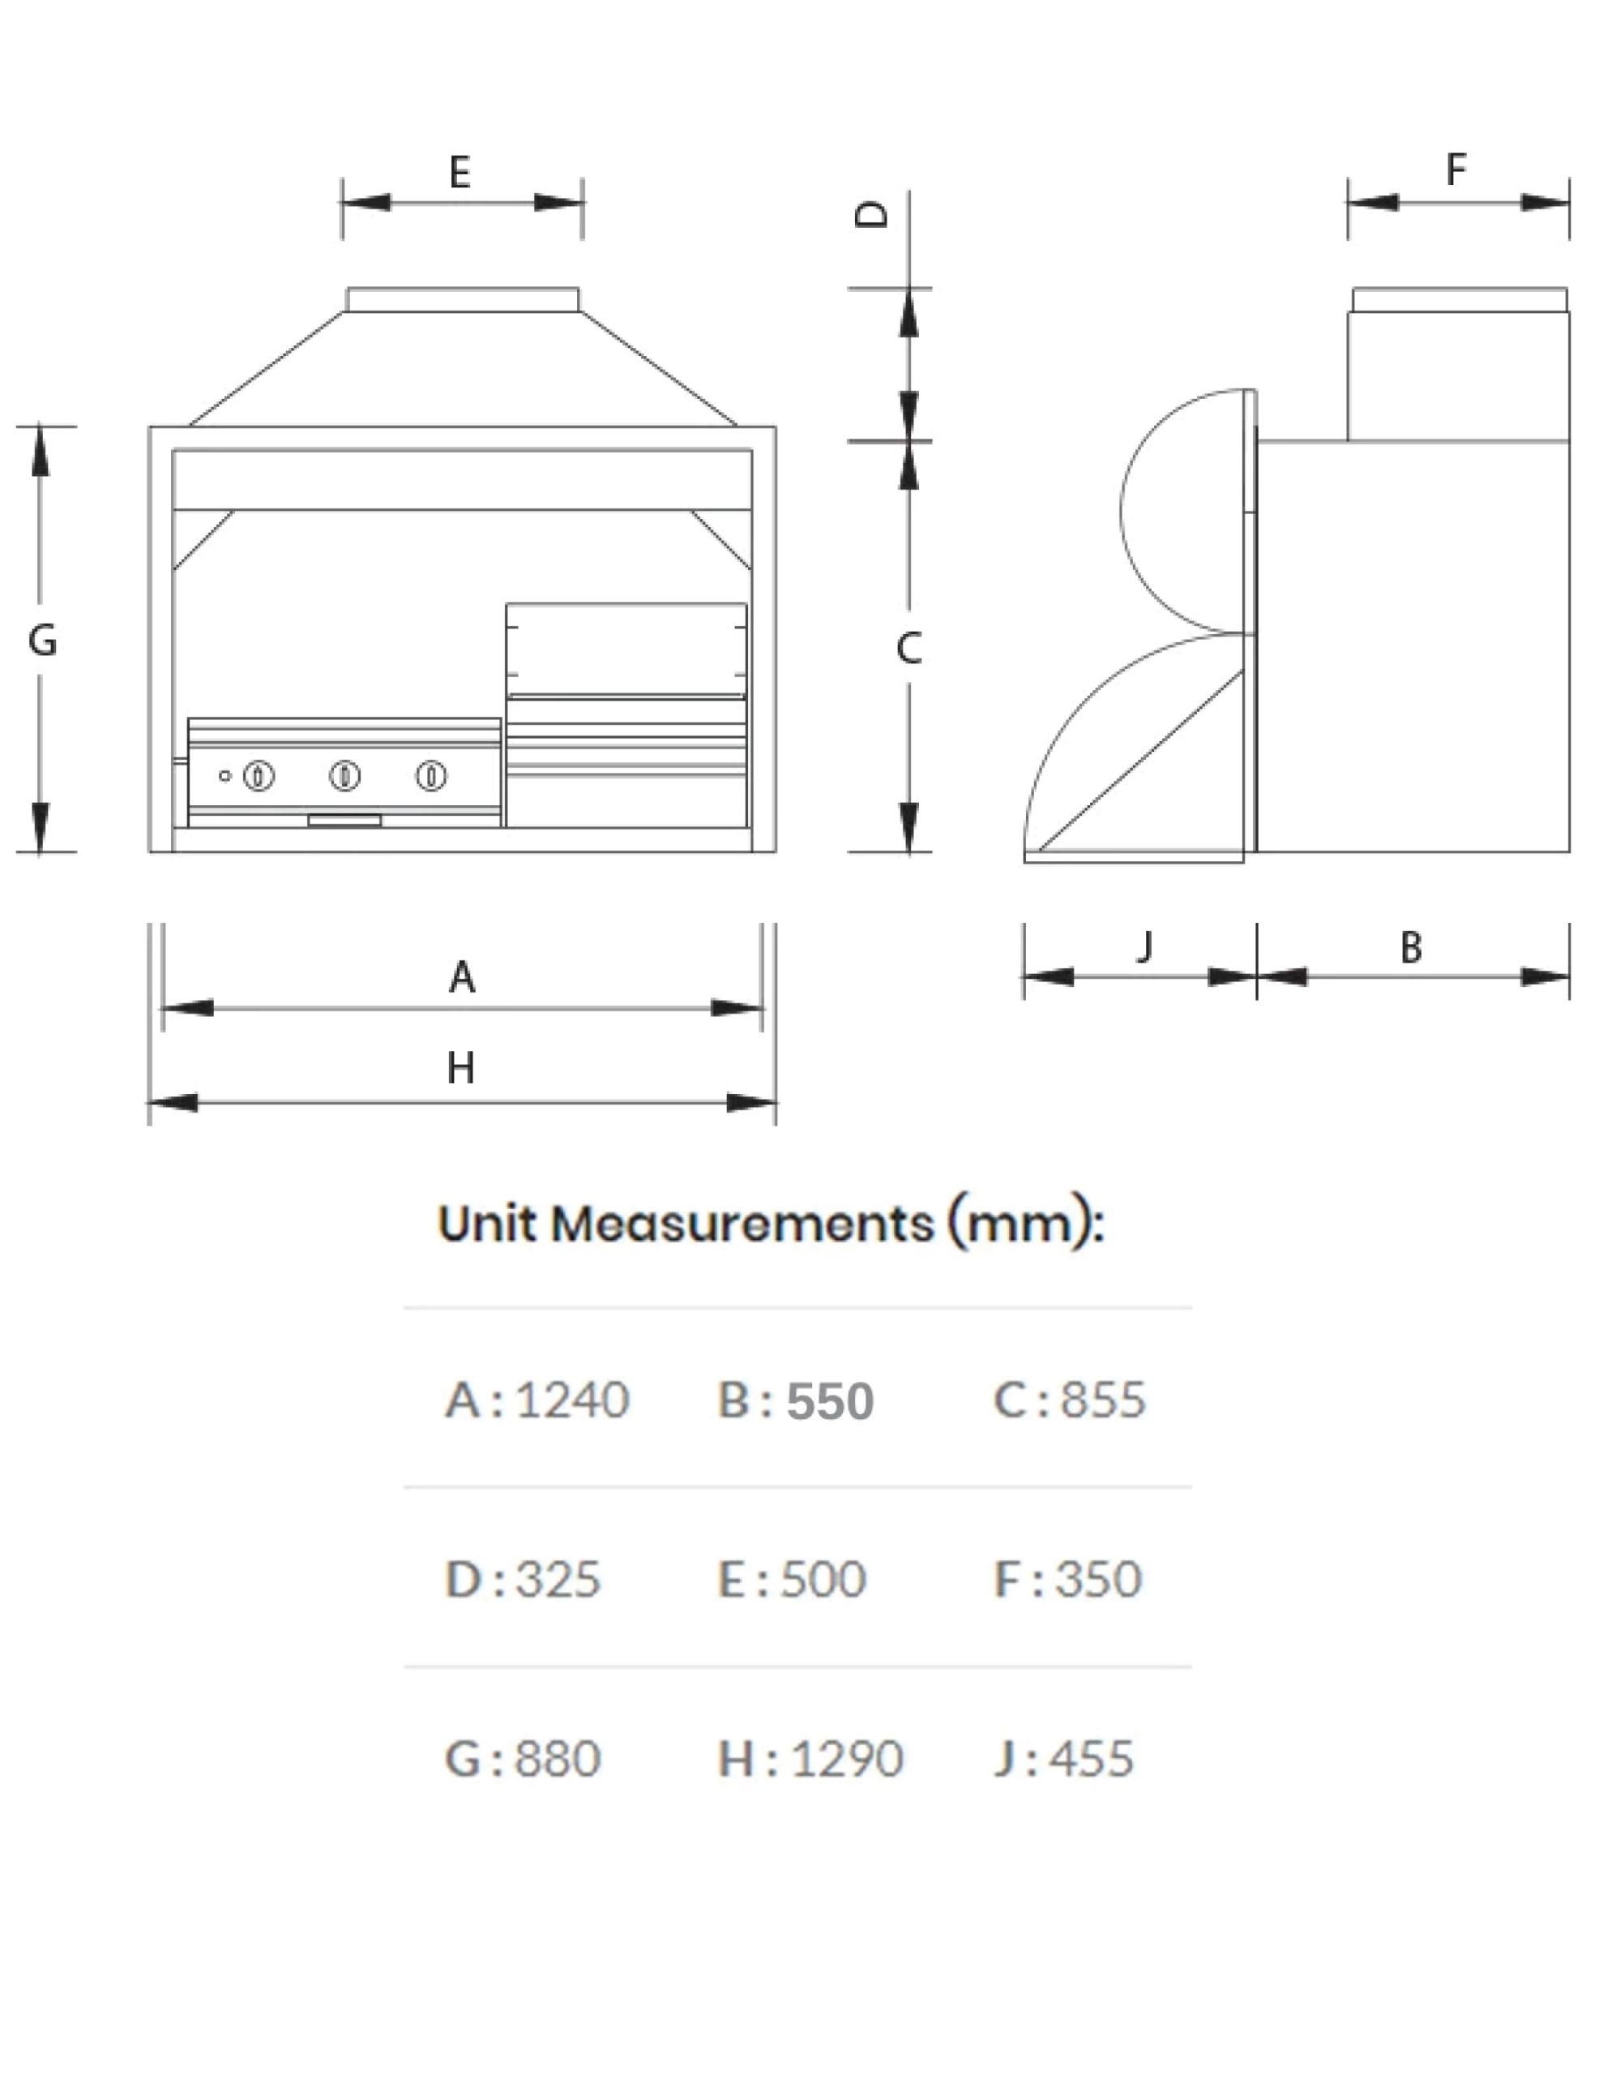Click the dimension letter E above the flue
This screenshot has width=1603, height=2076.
(x=460, y=172)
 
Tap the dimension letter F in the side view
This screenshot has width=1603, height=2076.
(x=1456, y=169)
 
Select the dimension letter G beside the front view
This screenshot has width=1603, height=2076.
(x=43, y=640)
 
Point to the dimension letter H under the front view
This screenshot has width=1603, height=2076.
(x=461, y=1069)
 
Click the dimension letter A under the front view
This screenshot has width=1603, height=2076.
(x=462, y=976)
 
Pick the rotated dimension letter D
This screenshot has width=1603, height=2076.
(x=871, y=213)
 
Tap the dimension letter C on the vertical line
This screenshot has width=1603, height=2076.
(x=908, y=648)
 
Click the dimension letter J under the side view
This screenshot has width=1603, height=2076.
(x=1146, y=946)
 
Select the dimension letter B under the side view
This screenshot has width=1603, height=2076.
(x=1411, y=948)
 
